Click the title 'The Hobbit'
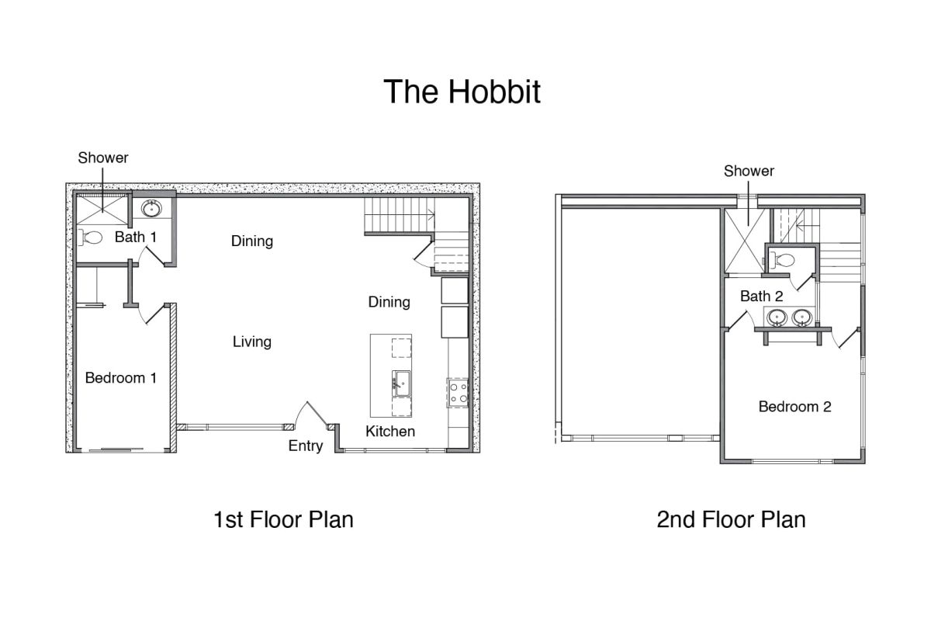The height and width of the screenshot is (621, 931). (462, 92)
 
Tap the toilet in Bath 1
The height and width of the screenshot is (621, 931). (90, 238)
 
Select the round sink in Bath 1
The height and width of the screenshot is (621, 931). (151, 208)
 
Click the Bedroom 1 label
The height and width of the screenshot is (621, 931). (121, 378)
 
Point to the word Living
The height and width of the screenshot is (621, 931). (252, 342)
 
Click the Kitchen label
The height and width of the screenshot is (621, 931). (390, 432)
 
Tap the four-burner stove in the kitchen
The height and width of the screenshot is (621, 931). (458, 393)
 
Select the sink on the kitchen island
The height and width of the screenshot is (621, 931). (401, 383)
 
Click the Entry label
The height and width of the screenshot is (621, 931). (306, 446)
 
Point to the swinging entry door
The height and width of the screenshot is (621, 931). (311, 415)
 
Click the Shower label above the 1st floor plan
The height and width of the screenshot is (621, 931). (103, 158)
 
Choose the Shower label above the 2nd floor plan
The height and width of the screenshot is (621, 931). (749, 171)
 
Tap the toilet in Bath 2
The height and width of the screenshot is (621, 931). (782, 261)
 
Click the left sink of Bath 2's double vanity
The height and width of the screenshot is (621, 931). (777, 317)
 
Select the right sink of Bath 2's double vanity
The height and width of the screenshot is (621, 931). (802, 317)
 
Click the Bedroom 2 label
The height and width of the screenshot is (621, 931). (794, 407)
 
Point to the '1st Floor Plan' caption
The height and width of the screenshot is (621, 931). (283, 519)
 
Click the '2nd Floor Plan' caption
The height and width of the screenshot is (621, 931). (731, 519)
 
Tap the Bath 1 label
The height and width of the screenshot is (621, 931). (136, 237)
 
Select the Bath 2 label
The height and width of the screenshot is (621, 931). (761, 297)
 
